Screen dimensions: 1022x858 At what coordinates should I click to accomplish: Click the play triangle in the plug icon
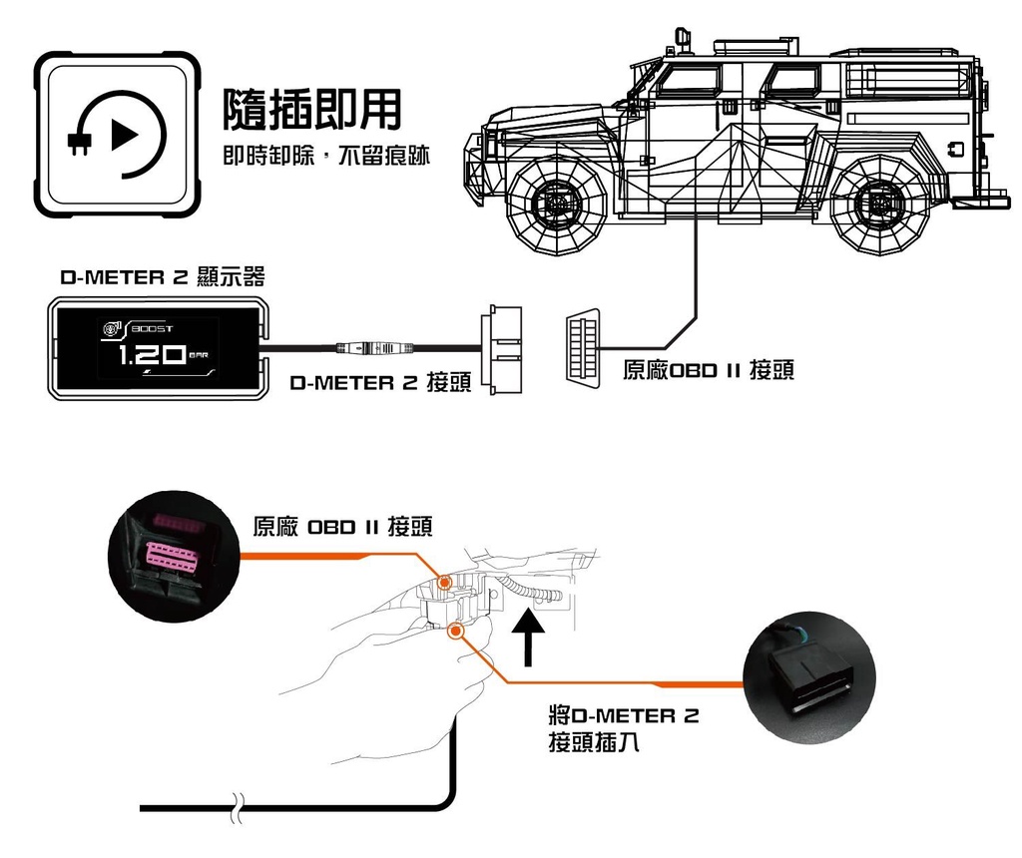pyautogui.click(x=124, y=135)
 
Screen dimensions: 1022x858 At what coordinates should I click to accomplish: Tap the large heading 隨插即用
pyautogui.click(x=311, y=110)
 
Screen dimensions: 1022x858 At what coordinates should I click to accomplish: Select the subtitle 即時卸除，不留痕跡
pyautogui.click(x=326, y=156)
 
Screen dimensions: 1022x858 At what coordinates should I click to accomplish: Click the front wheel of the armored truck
pyautogui.click(x=557, y=203)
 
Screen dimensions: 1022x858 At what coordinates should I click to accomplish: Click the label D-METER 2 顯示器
pyautogui.click(x=163, y=277)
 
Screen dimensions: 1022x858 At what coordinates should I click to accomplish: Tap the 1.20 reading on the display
pyautogui.click(x=151, y=354)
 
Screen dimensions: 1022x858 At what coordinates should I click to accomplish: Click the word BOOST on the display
pyautogui.click(x=153, y=329)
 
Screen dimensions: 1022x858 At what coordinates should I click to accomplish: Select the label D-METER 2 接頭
pyautogui.click(x=380, y=382)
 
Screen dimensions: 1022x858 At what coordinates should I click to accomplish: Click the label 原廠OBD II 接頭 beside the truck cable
pyautogui.click(x=709, y=370)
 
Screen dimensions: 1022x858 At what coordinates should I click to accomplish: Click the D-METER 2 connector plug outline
pyautogui.click(x=501, y=350)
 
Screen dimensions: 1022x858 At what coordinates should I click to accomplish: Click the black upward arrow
pyautogui.click(x=527, y=640)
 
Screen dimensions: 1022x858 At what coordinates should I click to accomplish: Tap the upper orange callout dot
pyautogui.click(x=445, y=582)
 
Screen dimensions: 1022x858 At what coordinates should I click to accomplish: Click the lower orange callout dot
pyautogui.click(x=455, y=630)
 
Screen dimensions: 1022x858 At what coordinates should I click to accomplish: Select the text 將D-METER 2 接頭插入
pyautogui.click(x=624, y=729)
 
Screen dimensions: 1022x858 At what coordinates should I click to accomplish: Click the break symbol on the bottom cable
pyautogui.click(x=238, y=808)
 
